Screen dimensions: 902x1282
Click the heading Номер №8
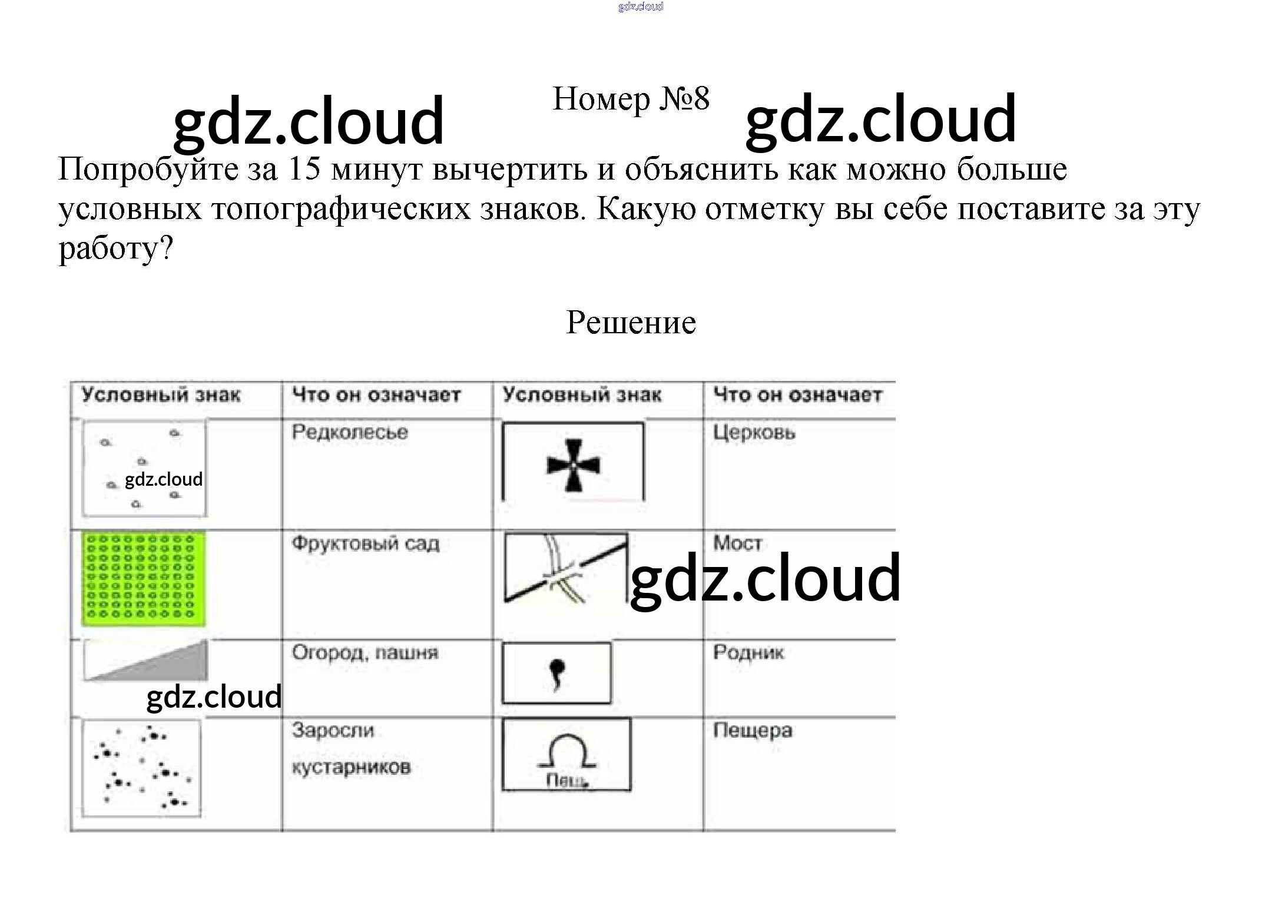pos(631,99)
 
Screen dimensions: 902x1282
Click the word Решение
pos(631,323)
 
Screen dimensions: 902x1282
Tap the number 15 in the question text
pos(304,169)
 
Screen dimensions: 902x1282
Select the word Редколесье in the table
pos(350,432)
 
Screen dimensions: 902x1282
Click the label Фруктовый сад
pos(365,543)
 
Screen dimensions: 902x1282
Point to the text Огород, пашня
pos(365,652)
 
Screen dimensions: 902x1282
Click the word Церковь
pos(754,433)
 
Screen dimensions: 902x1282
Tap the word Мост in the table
pos(737,542)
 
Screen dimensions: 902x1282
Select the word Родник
pos(748,652)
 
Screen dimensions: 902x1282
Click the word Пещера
pos(753,731)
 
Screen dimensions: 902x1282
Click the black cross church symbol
pos(573,465)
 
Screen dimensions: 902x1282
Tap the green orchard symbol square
pos(144,578)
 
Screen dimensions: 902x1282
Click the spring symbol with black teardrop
pos(556,672)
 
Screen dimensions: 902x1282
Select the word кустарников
pos(351,767)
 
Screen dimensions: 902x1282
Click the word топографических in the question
pos(341,209)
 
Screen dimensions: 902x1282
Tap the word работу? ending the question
pos(115,248)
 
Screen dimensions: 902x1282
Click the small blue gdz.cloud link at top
pos(640,6)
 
